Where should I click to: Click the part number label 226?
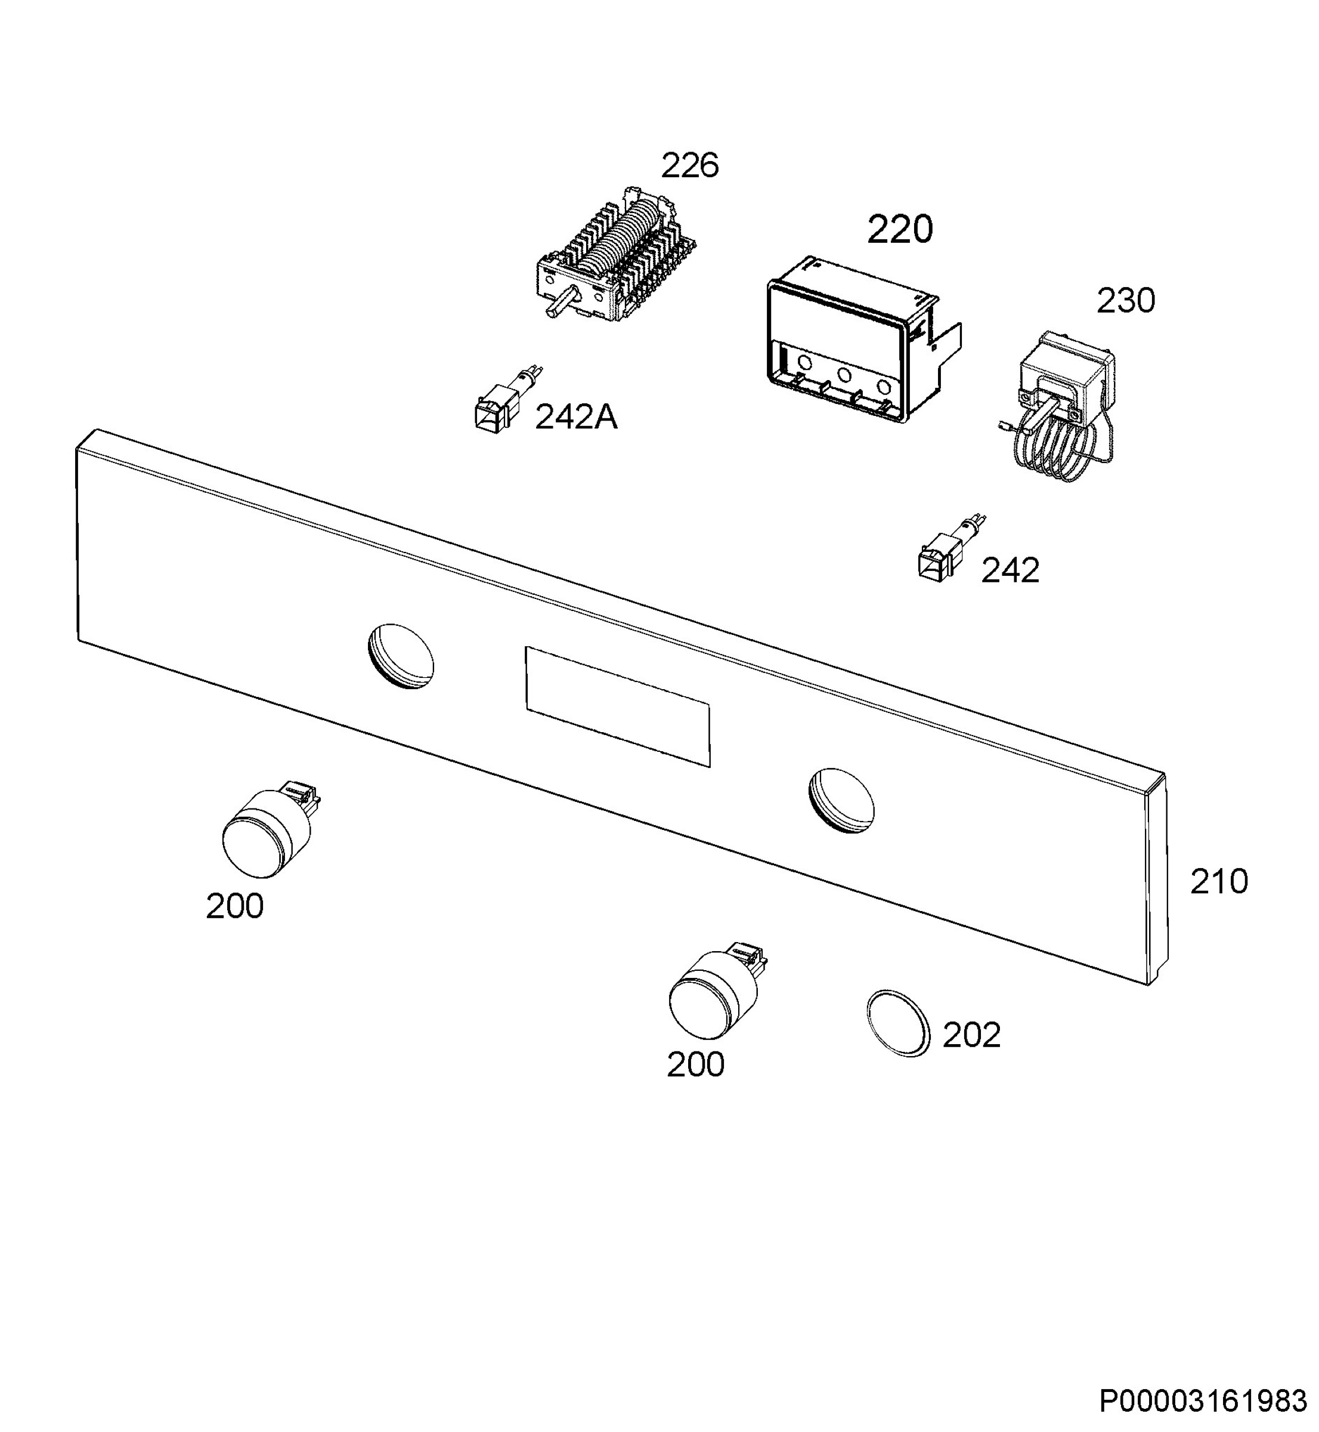[x=689, y=166]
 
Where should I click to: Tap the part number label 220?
[x=899, y=230]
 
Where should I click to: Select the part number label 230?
[x=1126, y=301]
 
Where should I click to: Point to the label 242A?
[x=576, y=417]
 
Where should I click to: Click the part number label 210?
[x=1219, y=881]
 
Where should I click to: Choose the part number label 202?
[x=971, y=1035]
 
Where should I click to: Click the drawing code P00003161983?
[x=1203, y=1402]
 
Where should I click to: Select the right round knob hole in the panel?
[x=841, y=801]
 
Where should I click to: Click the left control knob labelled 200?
[x=270, y=830]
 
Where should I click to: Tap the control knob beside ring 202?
[x=716, y=990]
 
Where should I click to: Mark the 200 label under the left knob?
[x=235, y=906]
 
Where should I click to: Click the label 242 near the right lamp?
[x=1010, y=570]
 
